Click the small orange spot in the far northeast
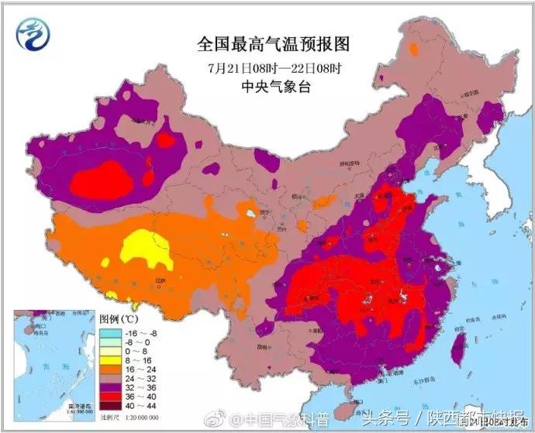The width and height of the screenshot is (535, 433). coord(414,50)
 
